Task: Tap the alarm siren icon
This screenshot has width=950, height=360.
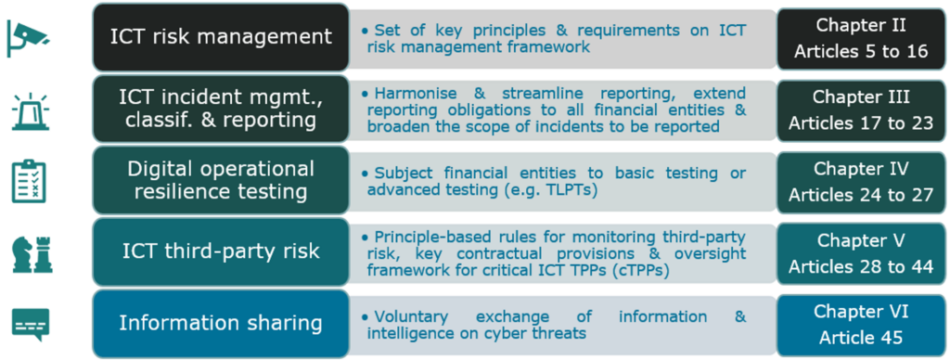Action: point(30,110)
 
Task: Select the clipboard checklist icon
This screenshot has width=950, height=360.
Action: point(30,181)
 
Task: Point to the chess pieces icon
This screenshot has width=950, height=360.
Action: point(30,251)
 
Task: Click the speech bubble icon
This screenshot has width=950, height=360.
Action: point(30,324)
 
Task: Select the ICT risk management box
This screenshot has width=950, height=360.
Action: point(220,37)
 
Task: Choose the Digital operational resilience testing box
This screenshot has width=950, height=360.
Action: point(220,181)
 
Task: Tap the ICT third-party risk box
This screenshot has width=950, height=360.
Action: point(220,251)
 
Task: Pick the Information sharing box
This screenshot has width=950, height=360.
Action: point(220,324)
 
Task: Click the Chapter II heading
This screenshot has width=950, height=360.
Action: point(860,25)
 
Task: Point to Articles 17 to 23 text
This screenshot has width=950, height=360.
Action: point(860,122)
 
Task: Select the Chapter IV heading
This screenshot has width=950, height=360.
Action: point(860,169)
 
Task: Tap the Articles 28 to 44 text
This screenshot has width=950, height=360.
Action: point(860,266)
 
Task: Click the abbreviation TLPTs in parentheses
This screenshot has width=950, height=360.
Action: point(569,190)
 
